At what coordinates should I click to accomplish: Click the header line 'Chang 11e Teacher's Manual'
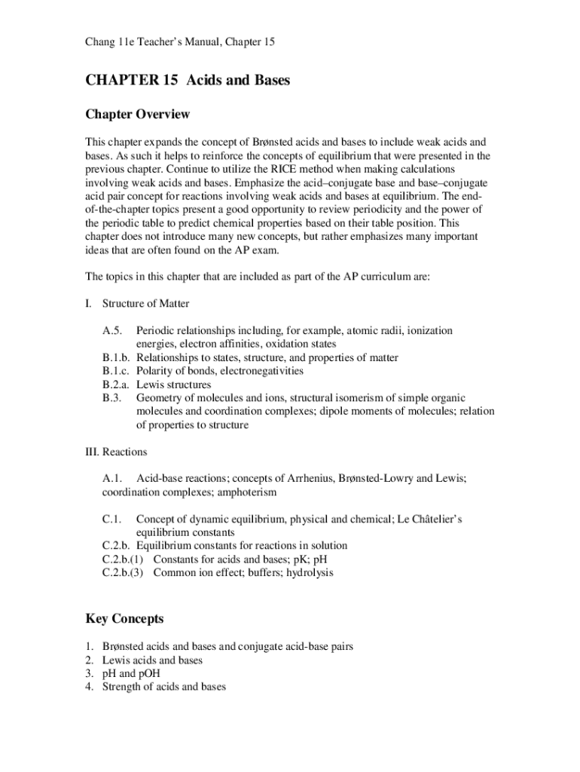(179, 42)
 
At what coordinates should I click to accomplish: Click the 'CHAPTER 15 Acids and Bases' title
(188, 81)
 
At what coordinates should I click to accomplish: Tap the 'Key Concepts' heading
(124, 619)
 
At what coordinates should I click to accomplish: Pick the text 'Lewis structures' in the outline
(174, 384)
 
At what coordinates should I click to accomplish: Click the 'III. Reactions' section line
(116, 452)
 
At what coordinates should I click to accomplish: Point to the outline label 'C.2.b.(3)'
(125, 572)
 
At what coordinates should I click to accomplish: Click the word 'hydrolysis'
(307, 572)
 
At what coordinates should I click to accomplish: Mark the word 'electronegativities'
(258, 371)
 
